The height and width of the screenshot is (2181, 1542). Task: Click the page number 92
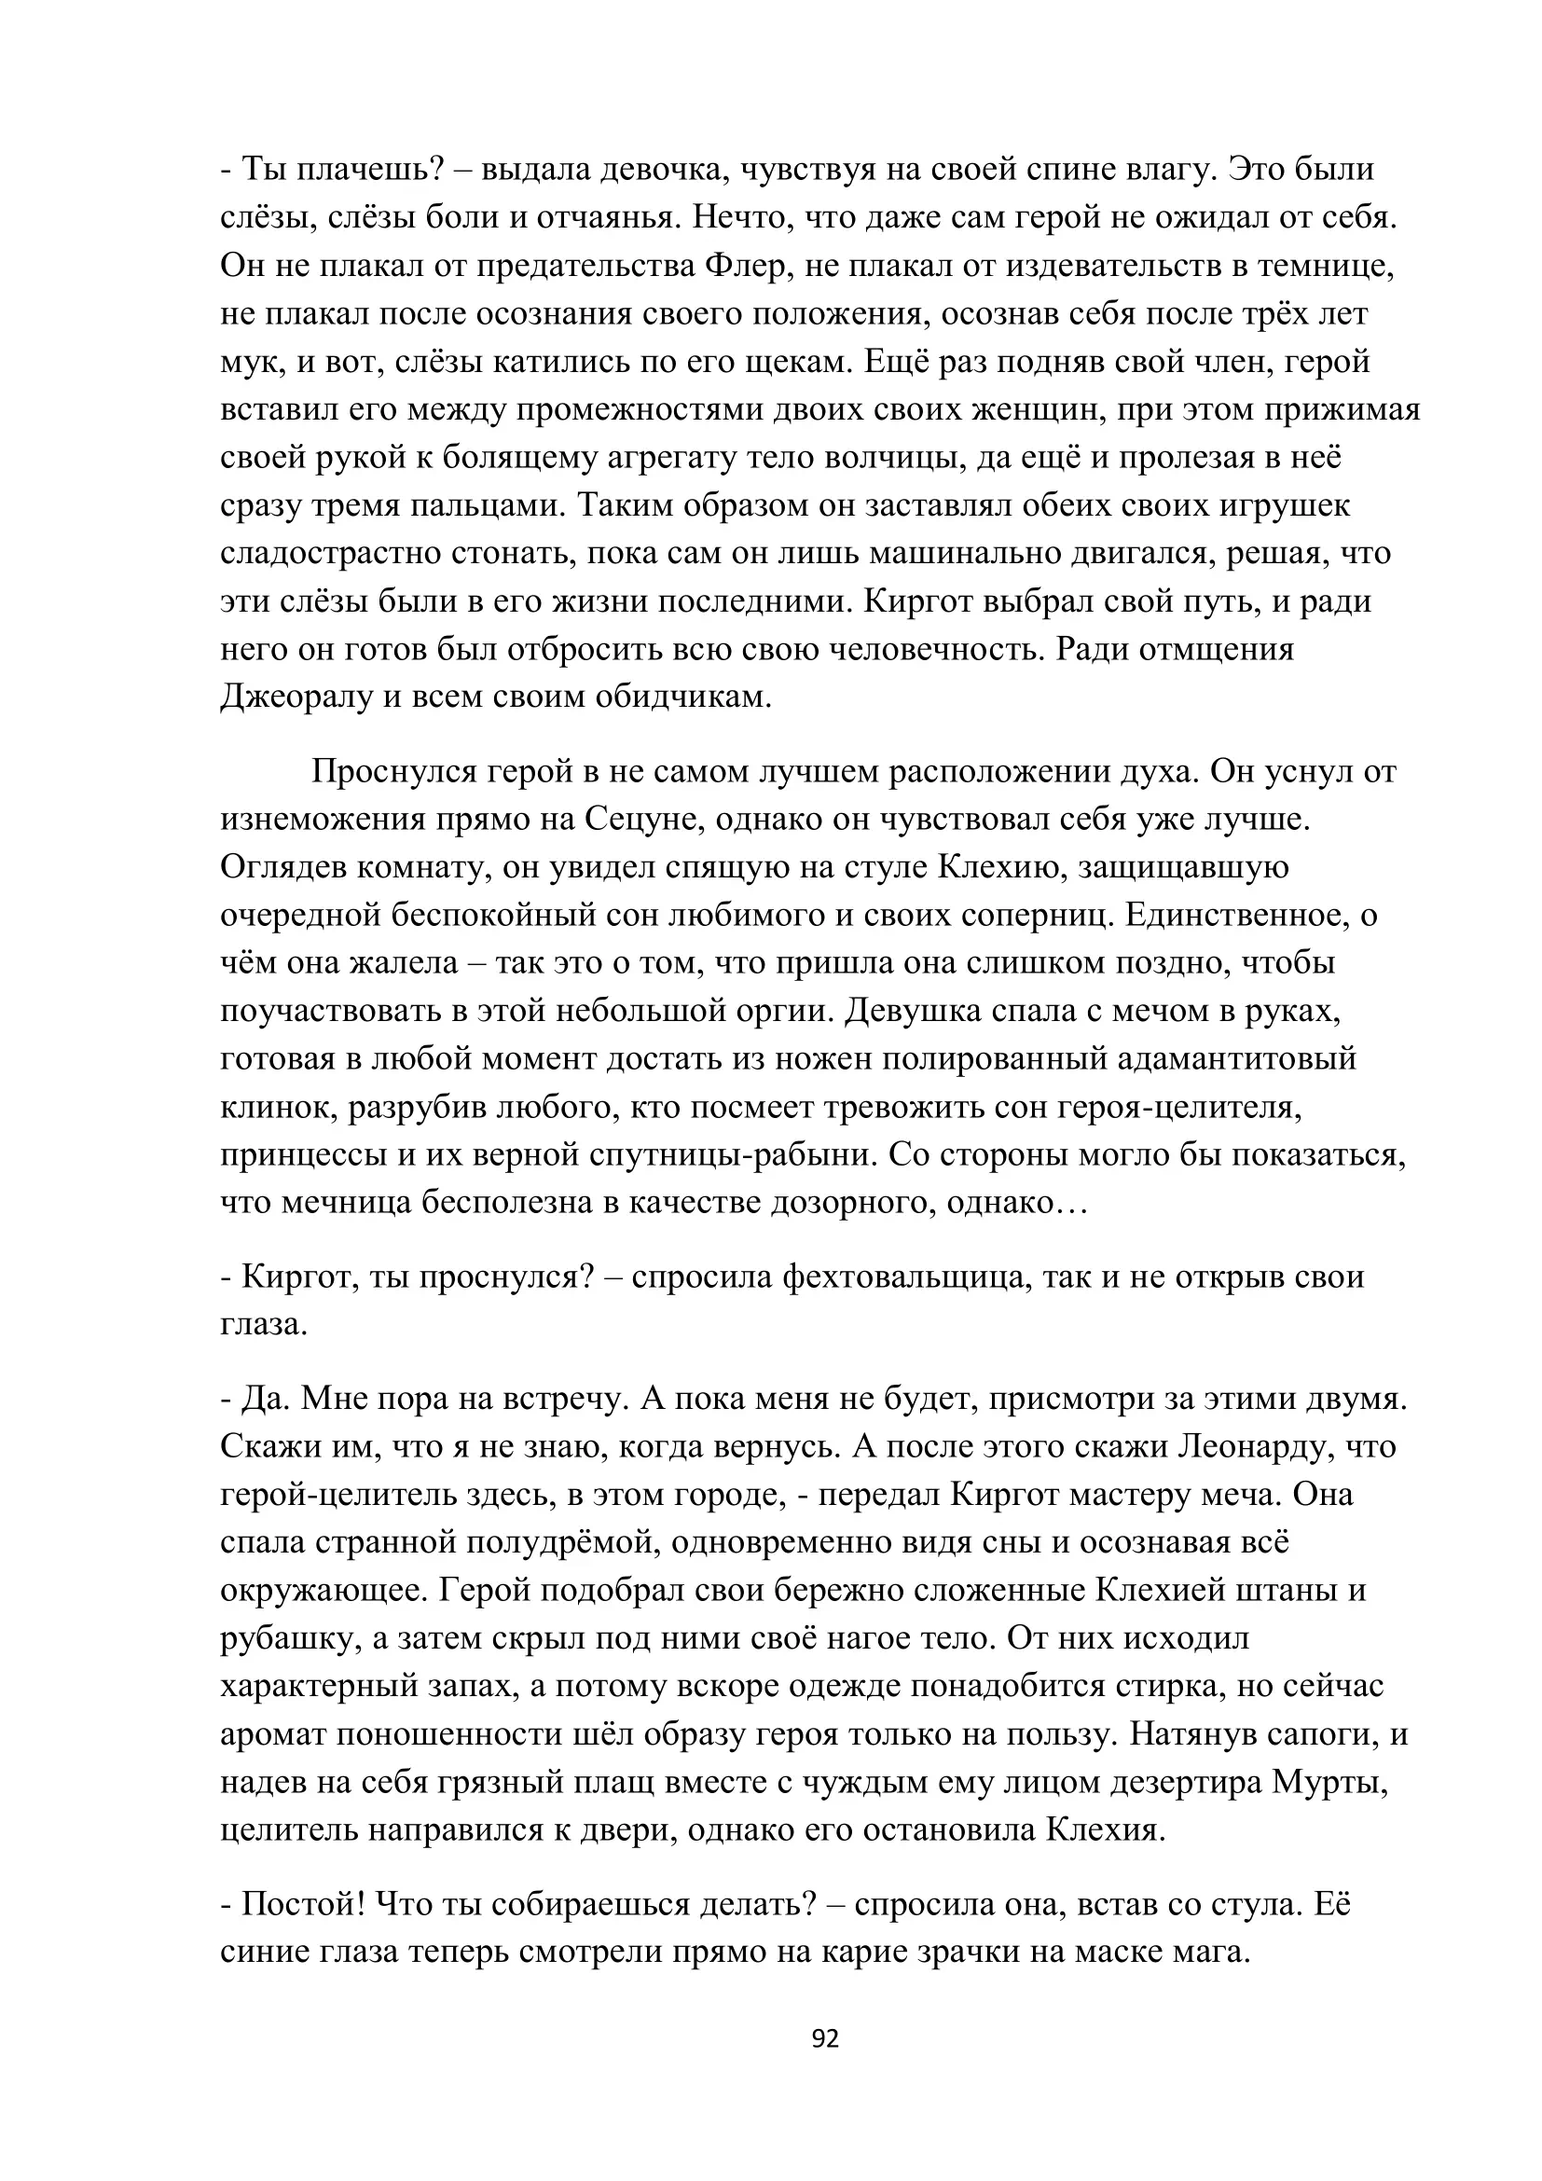[x=825, y=2038]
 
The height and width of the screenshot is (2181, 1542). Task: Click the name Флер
[x=748, y=266]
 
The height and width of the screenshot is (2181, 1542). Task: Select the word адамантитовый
[x=1237, y=1058]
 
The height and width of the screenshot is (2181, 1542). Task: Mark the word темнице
[x=1324, y=266]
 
